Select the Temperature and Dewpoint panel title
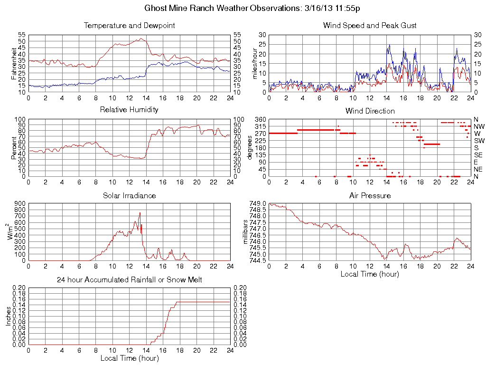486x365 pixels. (129, 26)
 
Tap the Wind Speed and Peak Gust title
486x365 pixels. (370, 26)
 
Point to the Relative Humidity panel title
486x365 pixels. (129, 110)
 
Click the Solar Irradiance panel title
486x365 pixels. (129, 195)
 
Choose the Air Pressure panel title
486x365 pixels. (370, 195)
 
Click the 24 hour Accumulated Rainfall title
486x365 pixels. (129, 280)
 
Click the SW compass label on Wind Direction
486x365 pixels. (478, 141)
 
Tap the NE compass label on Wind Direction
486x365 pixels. (478, 169)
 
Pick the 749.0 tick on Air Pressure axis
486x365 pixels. (258, 203)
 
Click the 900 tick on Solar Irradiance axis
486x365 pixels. (20, 203)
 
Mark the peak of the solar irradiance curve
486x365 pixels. (140, 213)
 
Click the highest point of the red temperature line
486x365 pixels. (141, 38)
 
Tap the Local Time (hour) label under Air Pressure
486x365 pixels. (370, 274)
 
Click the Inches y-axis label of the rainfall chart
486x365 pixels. (9, 316)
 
